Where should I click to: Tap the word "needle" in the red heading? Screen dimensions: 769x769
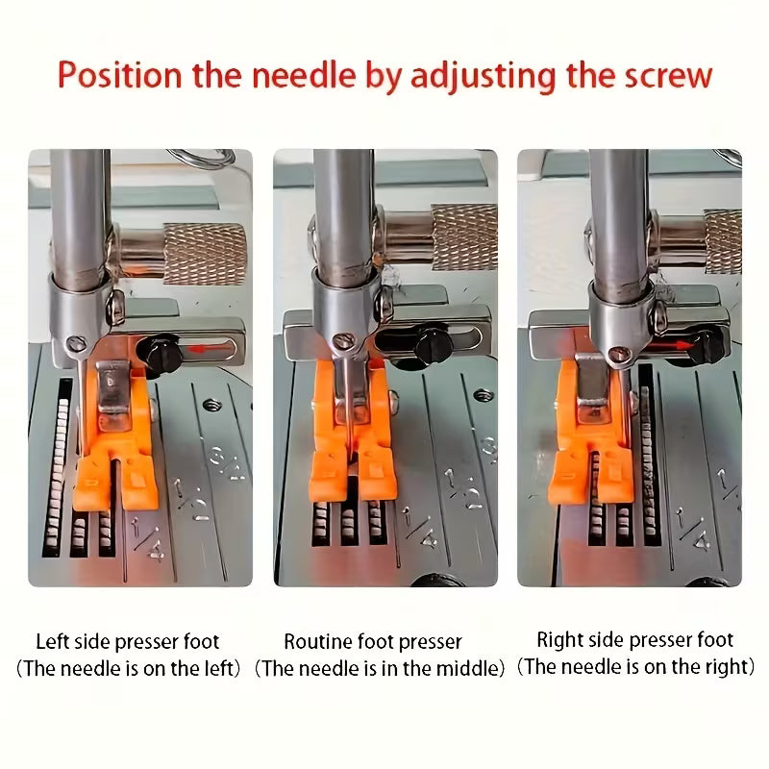click(304, 75)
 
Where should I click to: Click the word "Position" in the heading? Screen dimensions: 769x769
click(119, 75)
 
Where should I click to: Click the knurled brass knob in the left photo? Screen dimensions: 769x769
click(205, 254)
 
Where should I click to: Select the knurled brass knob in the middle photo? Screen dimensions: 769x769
click(464, 237)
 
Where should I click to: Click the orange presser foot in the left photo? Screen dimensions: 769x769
click(115, 441)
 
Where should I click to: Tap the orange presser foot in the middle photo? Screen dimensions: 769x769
click(353, 431)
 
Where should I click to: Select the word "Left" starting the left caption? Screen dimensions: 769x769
click(53, 641)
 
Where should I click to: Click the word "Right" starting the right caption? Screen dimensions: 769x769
click(559, 640)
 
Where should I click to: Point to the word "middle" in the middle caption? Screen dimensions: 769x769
click(466, 668)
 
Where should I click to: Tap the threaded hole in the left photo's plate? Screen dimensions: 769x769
click(211, 405)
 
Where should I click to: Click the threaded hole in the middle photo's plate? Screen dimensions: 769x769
click(484, 394)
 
